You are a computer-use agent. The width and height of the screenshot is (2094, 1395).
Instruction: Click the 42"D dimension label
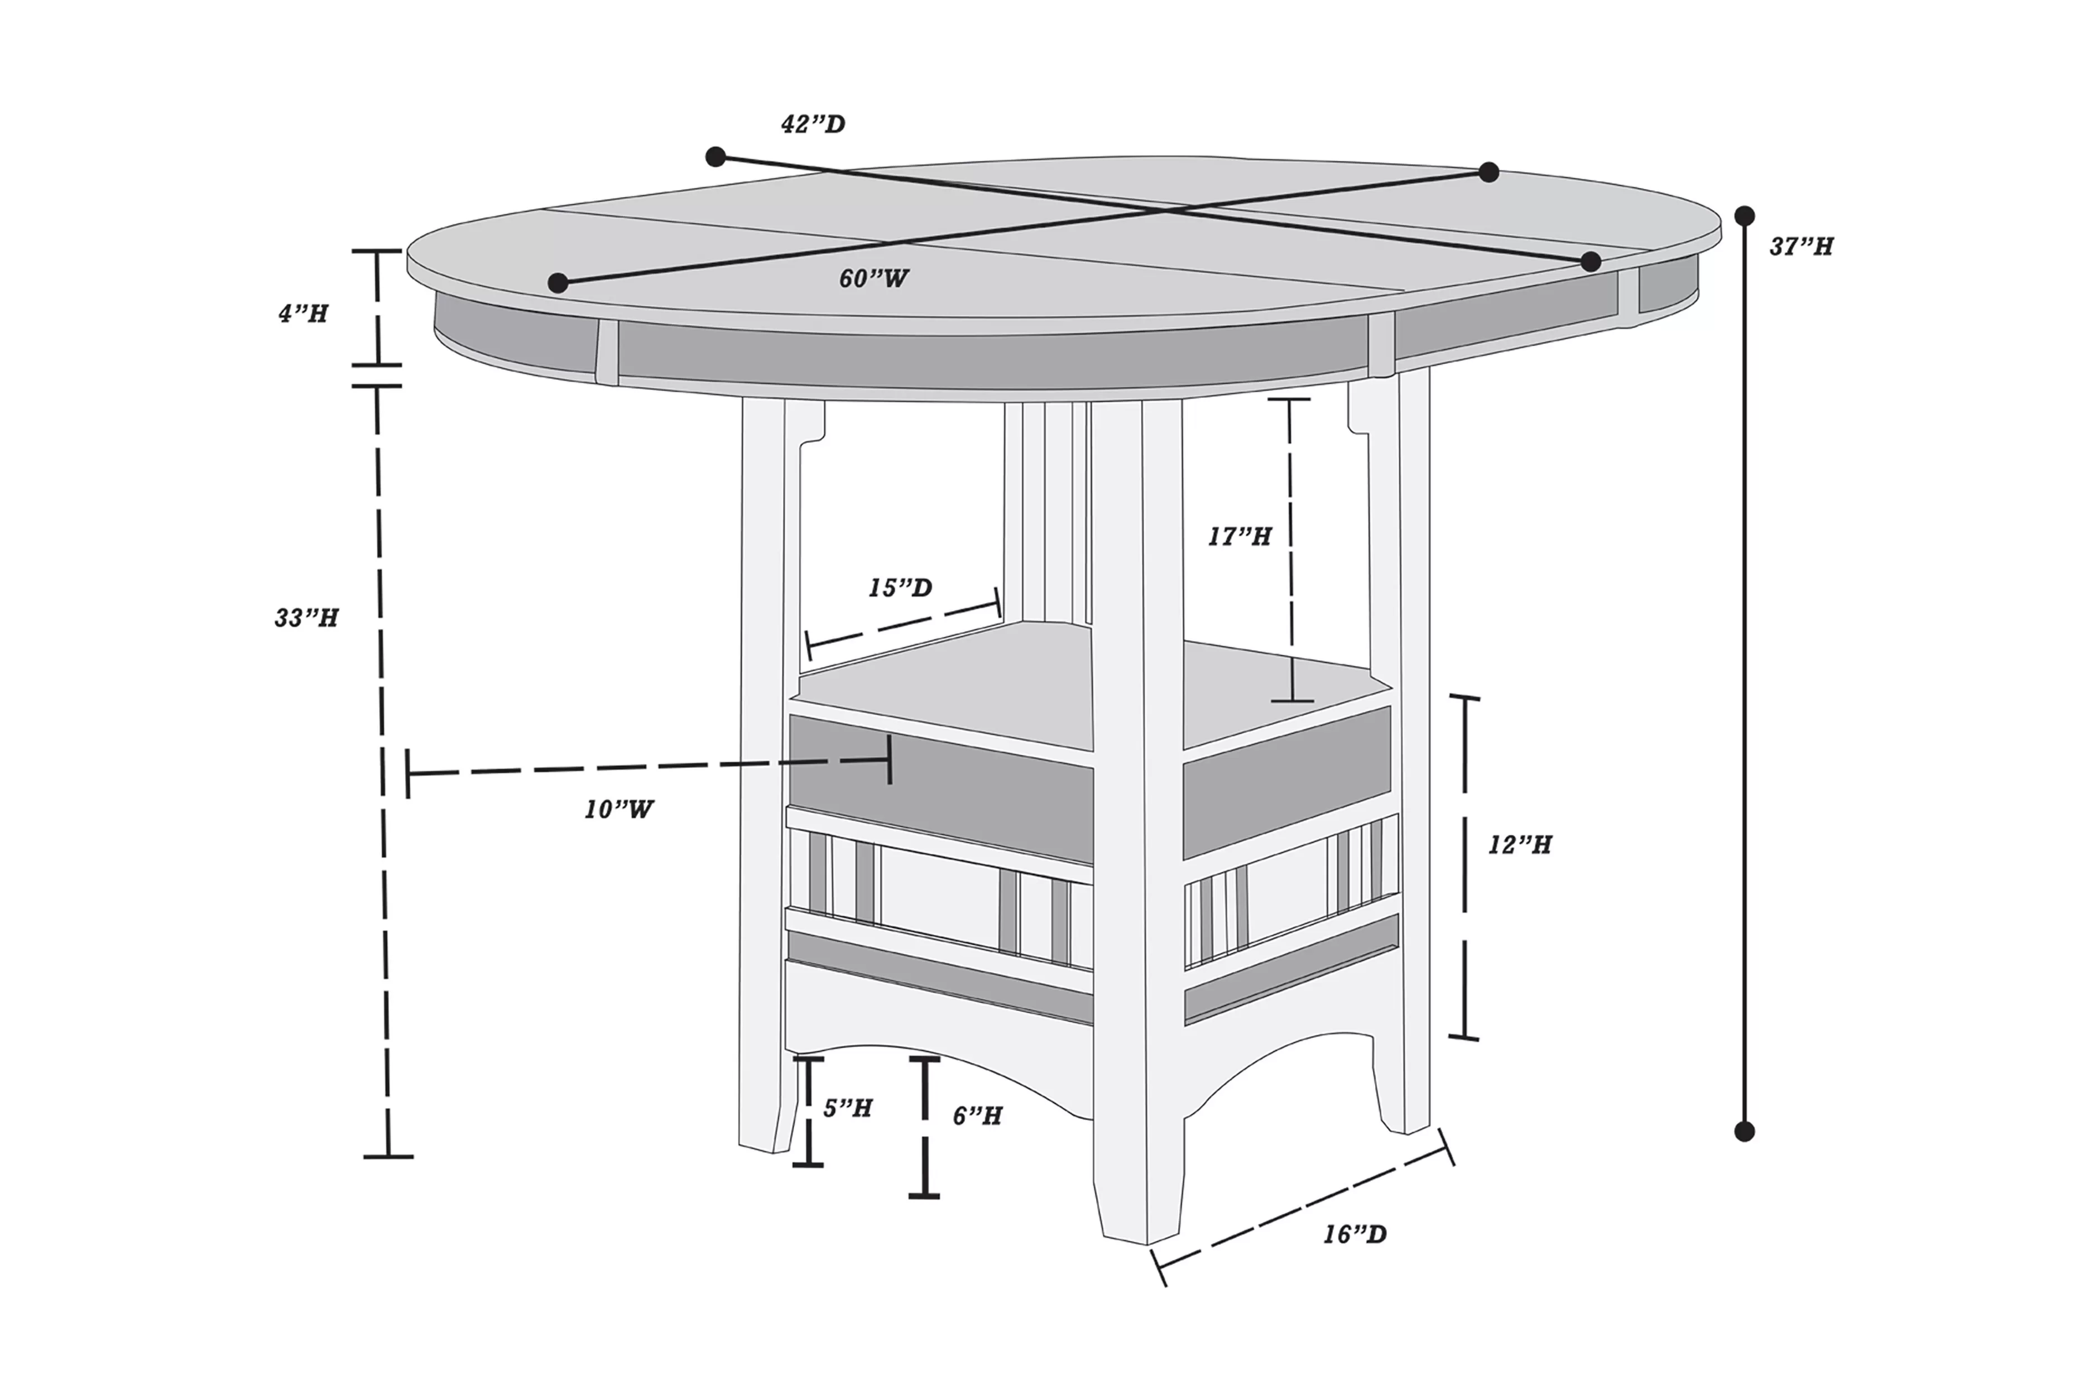(x=812, y=124)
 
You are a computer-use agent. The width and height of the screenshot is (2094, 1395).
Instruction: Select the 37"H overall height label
(x=1800, y=247)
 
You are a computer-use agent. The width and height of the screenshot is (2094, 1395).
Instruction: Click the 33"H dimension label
(x=306, y=618)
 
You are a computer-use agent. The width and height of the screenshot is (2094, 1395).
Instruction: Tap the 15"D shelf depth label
(x=900, y=589)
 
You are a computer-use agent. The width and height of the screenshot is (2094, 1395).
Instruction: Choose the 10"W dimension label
(x=618, y=810)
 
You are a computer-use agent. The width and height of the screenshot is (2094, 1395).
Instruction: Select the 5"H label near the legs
(x=847, y=1109)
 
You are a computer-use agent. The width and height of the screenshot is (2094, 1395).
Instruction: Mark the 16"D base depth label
(x=1354, y=1235)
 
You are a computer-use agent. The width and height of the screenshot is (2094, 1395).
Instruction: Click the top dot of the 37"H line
(x=1745, y=216)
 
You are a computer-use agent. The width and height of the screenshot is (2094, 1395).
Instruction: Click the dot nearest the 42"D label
(x=715, y=157)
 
